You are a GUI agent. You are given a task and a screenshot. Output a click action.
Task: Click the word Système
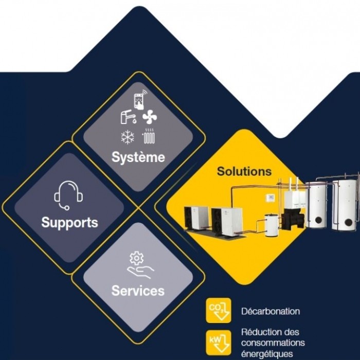pos(138,157)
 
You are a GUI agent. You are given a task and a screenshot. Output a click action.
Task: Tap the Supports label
pos(69,223)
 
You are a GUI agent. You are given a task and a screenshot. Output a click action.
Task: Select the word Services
pos(138,291)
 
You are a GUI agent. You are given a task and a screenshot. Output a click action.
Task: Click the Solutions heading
pos(244,171)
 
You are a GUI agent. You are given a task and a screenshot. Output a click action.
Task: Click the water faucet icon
pos(127,118)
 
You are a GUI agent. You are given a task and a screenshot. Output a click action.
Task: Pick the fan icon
pos(150,118)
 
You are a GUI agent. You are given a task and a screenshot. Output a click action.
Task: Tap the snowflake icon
pos(127,137)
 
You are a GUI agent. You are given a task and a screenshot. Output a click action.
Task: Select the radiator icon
pos(149,137)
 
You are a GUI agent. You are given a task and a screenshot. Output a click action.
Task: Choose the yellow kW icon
pos(217,340)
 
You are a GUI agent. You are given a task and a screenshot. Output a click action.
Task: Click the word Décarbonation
pos(271,311)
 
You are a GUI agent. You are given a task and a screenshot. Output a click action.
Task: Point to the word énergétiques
pos(267,354)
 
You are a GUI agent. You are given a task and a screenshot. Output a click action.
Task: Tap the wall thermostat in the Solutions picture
pos(268,198)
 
